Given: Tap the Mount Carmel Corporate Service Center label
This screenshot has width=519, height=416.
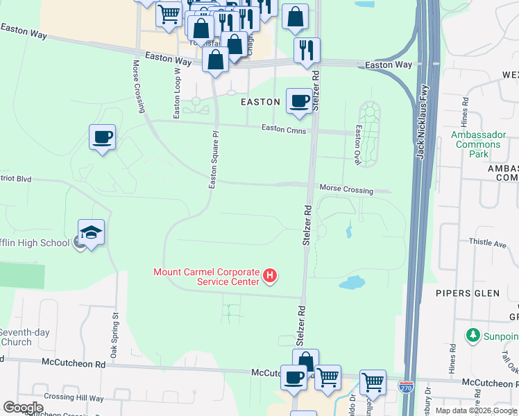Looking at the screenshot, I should (x=206, y=277).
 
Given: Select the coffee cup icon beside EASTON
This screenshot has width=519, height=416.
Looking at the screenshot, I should (x=299, y=101).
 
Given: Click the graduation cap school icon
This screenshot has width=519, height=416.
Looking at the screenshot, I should (x=91, y=232).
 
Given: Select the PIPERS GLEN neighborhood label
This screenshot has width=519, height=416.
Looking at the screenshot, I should (x=467, y=293).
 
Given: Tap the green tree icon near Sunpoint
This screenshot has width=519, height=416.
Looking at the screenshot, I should (x=474, y=336).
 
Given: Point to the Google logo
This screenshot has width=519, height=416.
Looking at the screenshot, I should (x=23, y=408).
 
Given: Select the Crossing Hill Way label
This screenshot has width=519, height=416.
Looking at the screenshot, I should (x=73, y=398).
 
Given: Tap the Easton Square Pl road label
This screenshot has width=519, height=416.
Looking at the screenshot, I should (x=214, y=159).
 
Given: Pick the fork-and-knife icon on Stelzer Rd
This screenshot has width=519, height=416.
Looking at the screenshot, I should (x=306, y=51).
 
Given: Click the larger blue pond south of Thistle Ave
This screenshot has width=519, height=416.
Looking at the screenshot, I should (x=351, y=282).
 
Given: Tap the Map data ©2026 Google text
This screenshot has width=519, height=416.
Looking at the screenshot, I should (x=475, y=410).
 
